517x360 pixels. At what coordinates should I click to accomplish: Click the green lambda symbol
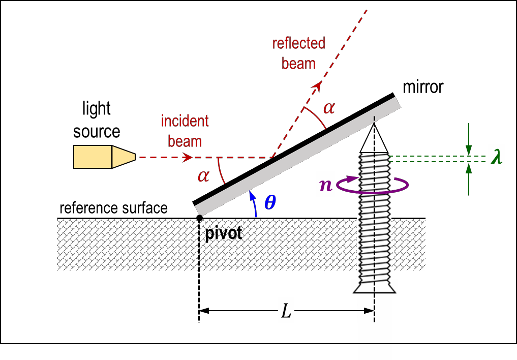(496, 157)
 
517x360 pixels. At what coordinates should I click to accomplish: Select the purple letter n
(325, 185)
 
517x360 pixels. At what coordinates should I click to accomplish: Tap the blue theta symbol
(270, 202)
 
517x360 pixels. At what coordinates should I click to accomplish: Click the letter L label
(286, 311)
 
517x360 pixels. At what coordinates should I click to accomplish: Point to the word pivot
(223, 234)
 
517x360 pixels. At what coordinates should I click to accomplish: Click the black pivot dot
(199, 218)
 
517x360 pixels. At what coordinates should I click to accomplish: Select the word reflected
(298, 44)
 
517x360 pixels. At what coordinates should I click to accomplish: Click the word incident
(185, 121)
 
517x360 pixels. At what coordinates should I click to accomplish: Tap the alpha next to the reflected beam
(329, 108)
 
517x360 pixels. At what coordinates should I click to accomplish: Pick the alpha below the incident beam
(203, 176)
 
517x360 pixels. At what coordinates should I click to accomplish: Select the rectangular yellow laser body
(93, 157)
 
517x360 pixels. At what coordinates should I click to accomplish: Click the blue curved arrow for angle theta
(253, 203)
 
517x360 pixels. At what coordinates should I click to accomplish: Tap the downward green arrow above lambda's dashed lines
(469, 139)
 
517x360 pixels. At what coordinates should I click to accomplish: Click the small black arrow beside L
(368, 311)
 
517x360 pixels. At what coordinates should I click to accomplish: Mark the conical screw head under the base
(374, 287)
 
